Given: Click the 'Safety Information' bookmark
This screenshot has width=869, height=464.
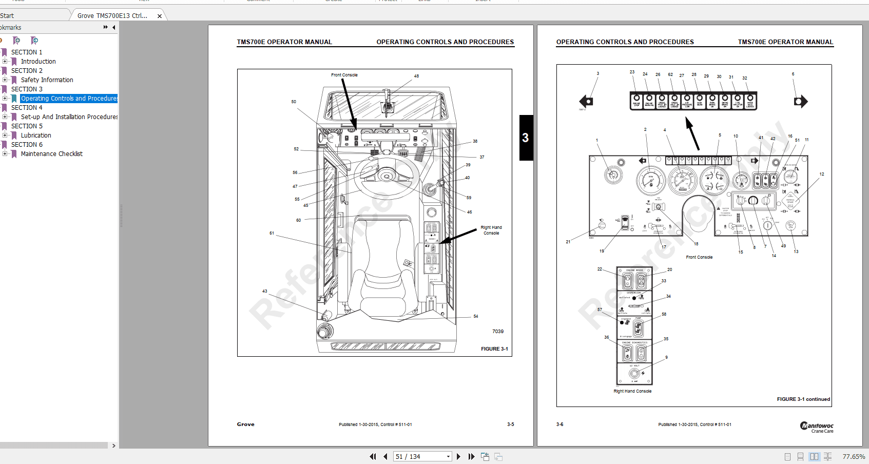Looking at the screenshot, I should pos(47,80).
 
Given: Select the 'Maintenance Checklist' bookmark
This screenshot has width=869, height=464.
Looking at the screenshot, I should pos(51,154).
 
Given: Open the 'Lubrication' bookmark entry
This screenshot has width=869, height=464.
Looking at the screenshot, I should pos(36,136).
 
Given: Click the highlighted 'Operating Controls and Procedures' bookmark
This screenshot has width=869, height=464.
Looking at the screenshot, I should pos(69,99).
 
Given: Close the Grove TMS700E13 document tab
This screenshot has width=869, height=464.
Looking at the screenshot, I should pos(160,16).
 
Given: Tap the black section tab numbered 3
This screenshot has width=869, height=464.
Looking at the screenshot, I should pos(526,138).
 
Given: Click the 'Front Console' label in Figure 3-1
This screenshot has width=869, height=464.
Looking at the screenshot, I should pos(344,75).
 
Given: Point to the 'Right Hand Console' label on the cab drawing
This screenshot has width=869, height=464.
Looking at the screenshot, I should pos(491,230).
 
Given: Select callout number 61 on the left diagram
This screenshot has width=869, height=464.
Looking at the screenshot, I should pos(272,233).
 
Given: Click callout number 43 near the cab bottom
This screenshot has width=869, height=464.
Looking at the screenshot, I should pos(264,291).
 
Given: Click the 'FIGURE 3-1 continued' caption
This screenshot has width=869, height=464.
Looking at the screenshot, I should pos(803,399).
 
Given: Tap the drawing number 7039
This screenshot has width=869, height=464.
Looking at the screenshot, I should pos(497,332).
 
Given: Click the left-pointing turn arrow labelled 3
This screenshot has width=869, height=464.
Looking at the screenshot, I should pos(586,101).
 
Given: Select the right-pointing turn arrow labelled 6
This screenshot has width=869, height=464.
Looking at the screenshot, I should pos(800,102).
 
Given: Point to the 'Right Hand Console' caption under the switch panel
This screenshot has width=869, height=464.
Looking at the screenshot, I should pos(632,391).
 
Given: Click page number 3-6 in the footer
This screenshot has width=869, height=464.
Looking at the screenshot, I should pos(559,424).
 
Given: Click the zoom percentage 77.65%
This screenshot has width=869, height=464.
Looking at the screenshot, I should pos(853,456).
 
